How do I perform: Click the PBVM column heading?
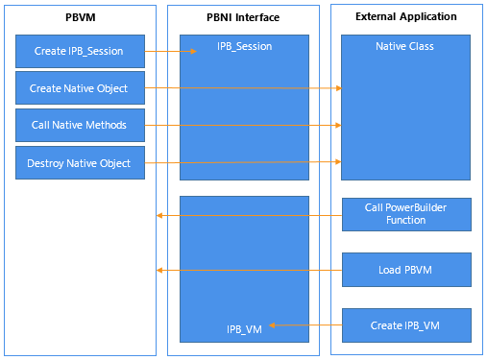pyautogui.click(x=81, y=18)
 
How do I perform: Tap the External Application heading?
pyautogui.click(x=406, y=18)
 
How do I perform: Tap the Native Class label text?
pyautogui.click(x=406, y=46)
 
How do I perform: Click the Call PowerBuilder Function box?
pyautogui.click(x=406, y=214)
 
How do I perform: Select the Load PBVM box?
pyautogui.click(x=406, y=270)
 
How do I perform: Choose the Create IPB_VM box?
pyautogui.click(x=406, y=325)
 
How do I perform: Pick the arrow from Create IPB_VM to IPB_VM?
pyautogui.click(x=304, y=326)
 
